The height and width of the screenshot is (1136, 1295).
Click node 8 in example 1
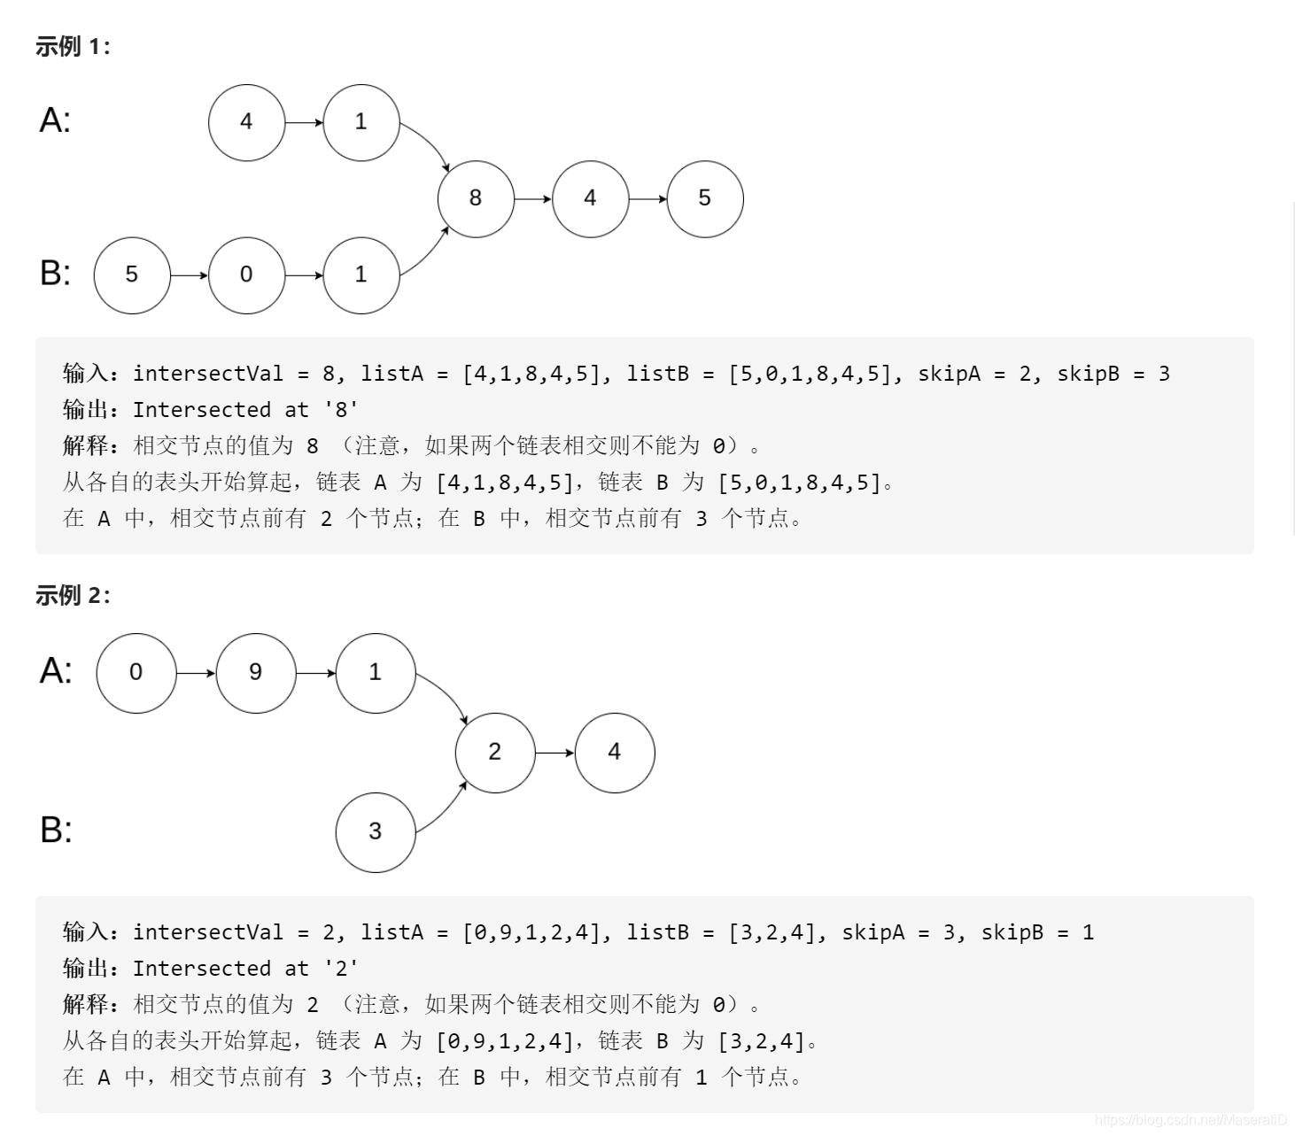click(476, 198)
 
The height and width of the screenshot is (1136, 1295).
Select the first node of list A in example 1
click(246, 122)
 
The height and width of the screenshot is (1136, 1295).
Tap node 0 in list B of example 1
click(246, 274)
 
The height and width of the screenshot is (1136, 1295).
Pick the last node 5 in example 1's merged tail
click(704, 198)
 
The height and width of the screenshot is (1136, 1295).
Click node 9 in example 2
click(255, 672)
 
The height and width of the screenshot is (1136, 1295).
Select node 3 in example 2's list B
click(375, 831)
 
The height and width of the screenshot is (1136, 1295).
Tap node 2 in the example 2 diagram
click(494, 752)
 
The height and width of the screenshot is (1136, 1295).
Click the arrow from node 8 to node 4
click(533, 199)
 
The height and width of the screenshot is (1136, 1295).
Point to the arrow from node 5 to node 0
click(189, 275)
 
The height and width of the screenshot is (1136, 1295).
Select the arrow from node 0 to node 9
click(196, 673)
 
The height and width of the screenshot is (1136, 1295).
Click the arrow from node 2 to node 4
click(555, 753)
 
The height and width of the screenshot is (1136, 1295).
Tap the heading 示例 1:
click(73, 47)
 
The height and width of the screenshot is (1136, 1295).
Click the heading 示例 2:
click(73, 596)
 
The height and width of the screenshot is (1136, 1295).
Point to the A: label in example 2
click(56, 670)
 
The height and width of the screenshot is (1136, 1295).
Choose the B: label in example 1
click(55, 273)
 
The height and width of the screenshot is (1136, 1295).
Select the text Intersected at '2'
click(245, 969)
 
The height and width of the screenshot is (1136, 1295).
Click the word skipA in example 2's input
click(873, 932)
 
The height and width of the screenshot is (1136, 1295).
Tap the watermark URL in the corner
click(1190, 1121)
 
